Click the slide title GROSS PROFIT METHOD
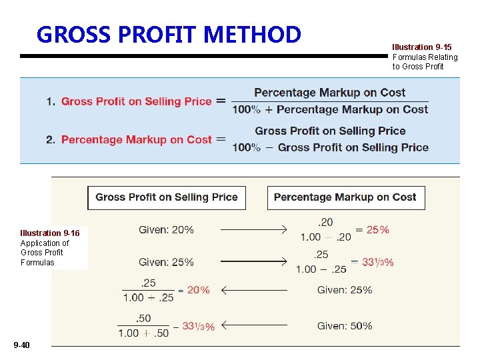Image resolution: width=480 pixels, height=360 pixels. pos(169,34)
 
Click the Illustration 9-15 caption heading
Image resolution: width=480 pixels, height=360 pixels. pos(421,47)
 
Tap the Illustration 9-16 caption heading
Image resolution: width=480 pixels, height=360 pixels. pos(50,233)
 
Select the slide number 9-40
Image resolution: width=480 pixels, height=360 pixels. pos(21,345)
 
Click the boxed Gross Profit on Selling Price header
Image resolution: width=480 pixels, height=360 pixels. pos(167,197)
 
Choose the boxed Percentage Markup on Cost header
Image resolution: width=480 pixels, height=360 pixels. pos(345,197)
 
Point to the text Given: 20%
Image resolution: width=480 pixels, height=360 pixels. pos(166,230)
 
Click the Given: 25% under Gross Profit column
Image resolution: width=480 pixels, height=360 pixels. pos(166,262)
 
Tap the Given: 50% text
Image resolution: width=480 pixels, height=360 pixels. pos(345,326)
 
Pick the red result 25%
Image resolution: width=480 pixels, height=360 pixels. pos(377,230)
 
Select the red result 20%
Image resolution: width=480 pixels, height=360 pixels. pos(198,290)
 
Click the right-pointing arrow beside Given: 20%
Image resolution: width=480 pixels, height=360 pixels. pos(253,230)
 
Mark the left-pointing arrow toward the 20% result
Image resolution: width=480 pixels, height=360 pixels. pos(253,290)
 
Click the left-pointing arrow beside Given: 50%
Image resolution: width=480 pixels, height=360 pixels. pos(253,326)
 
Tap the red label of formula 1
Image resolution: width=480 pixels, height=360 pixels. pos(136,101)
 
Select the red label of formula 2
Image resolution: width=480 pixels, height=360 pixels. pos(136,139)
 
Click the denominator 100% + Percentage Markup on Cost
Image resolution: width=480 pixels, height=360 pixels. pos(330,109)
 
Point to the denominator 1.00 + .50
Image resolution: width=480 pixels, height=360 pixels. pos(143,333)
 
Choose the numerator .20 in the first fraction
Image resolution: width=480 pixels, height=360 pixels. pos(326,222)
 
